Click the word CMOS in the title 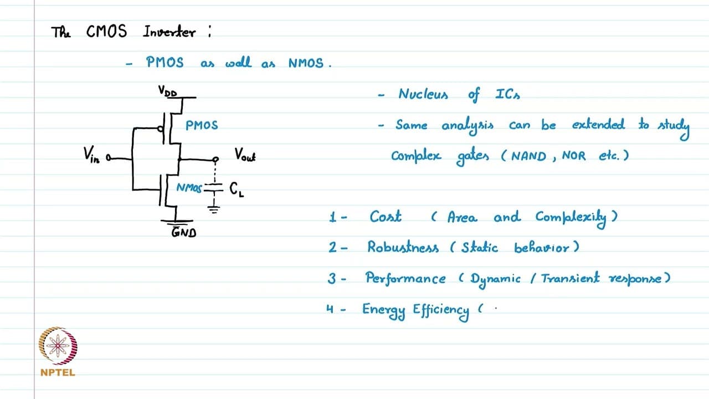pos(106,32)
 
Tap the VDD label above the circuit pos(167,91)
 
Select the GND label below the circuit pos(183,232)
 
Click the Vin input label pos(91,155)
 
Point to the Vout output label pos(245,155)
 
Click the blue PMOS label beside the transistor pos(202,125)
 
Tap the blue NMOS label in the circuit pos(189,188)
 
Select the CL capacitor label pos(237,190)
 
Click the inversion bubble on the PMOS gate pos(161,129)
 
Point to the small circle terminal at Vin pos(109,157)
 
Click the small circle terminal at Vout pos(215,159)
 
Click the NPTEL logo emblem pos(58,345)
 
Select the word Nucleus pos(423,94)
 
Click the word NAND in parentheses pos(529,156)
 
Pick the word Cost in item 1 pos(385,217)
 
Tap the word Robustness pos(403,247)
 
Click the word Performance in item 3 pos(405,278)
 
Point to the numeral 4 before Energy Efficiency pos(330,309)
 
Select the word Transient pos(570,278)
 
